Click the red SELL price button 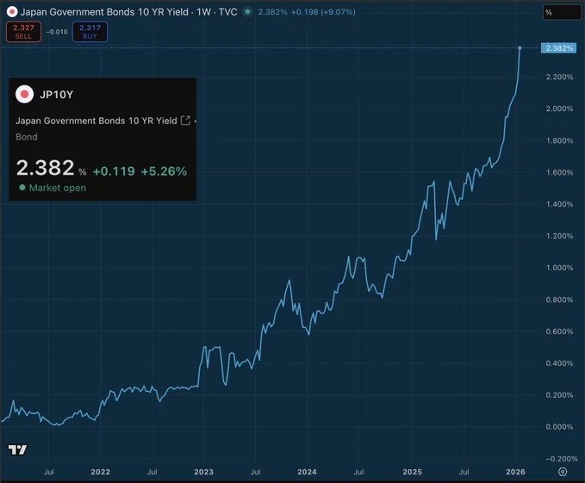(23, 32)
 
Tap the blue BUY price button (90, 32)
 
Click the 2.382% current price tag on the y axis (559, 47)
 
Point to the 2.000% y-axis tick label (559, 108)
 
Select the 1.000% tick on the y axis (559, 268)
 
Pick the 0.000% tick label (559, 427)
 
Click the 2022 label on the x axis (101, 472)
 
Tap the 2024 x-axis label (307, 472)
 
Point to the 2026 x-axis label (515, 472)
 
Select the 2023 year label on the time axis (204, 472)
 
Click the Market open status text (57, 188)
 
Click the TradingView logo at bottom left (17, 449)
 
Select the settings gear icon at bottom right (563, 472)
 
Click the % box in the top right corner (561, 13)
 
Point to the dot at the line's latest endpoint (520, 47)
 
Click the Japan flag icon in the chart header (12, 12)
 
